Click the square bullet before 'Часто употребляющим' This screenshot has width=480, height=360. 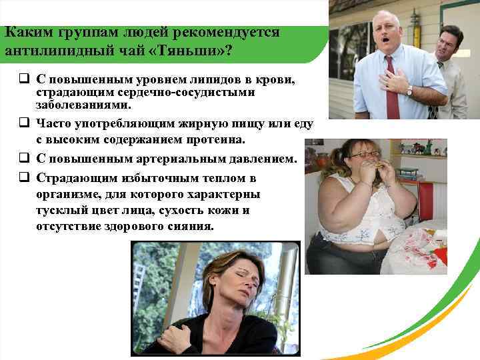click(23, 123)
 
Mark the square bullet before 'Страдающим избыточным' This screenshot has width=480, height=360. click(23, 178)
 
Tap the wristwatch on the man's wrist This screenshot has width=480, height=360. click(409, 91)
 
